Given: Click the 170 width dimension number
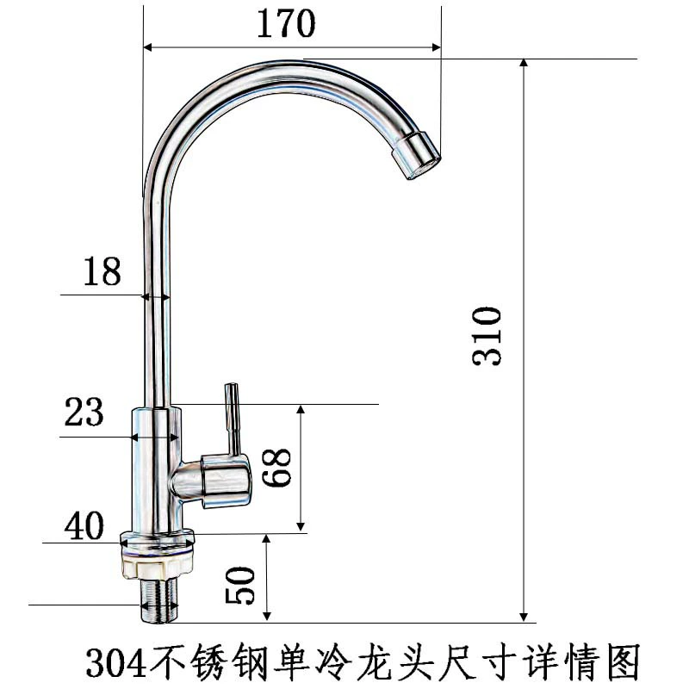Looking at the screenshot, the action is click(286, 23).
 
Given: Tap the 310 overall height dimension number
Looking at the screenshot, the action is click(487, 336).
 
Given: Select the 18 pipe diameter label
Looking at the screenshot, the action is click(102, 271).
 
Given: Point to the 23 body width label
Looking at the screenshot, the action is click(84, 412).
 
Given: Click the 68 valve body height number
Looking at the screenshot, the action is click(276, 467).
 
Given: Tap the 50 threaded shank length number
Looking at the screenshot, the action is click(239, 586).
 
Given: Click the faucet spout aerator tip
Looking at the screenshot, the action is click(416, 155).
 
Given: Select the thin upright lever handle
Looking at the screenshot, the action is click(233, 419).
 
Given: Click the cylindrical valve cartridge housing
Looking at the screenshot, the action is click(227, 481).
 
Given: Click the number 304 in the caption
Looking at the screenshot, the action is click(115, 663).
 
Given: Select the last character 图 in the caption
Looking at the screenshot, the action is click(624, 661).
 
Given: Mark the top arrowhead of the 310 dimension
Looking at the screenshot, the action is click(524, 62).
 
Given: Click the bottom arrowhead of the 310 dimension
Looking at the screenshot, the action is click(524, 618).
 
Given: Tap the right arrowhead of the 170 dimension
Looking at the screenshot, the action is click(436, 47).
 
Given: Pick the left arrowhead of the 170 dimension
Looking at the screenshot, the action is click(148, 47).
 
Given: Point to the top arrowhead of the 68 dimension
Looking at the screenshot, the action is click(301, 409).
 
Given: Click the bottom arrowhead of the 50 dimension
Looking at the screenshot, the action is click(267, 617).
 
